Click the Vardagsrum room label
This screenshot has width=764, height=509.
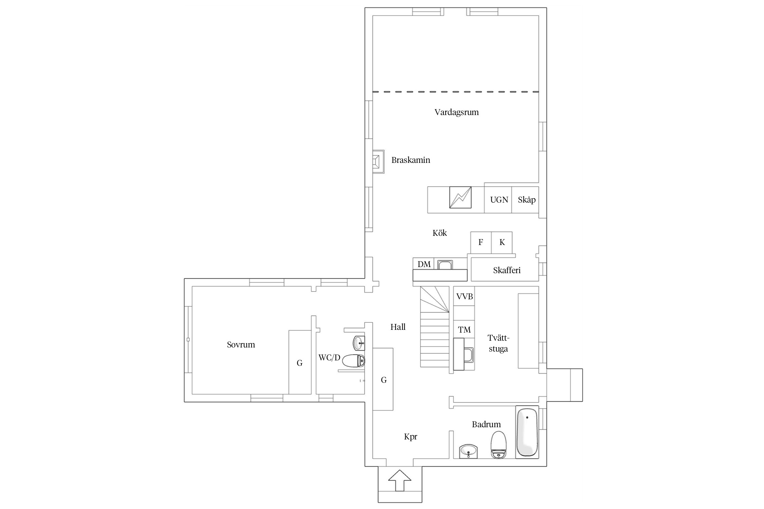[456, 112]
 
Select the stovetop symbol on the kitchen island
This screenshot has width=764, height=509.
[460, 197]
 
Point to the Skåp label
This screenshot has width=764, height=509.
[527, 200]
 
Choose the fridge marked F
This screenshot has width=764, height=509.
[481, 242]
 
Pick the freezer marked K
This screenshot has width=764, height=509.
[502, 242]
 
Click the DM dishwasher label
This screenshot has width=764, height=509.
[424, 264]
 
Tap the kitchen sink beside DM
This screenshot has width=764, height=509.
[445, 265]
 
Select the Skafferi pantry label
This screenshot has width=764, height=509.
[507, 270]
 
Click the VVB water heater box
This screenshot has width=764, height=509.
[464, 296]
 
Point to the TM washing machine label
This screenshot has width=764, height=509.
[464, 329]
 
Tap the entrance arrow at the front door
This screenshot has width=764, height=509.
[400, 480]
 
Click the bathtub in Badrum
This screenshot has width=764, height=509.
[527, 432]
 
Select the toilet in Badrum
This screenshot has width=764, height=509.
[498, 445]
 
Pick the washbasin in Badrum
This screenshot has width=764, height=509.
[469, 451]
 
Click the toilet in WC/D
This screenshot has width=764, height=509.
[353, 361]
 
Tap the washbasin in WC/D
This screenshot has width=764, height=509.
[359, 343]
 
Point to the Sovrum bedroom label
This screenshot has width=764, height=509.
[241, 345]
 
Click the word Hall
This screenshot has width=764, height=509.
[398, 327]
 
